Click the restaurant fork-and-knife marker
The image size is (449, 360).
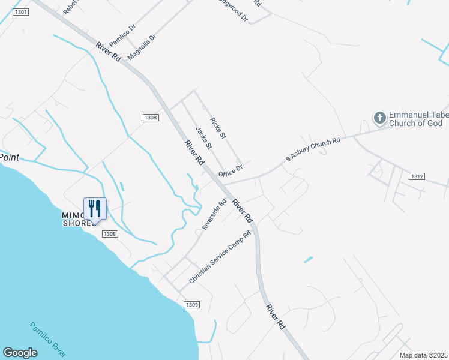point(95,208)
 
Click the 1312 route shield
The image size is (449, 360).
point(418,176)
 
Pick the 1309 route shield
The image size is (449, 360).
point(192,304)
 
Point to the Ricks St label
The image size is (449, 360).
point(218,128)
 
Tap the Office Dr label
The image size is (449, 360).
point(231,170)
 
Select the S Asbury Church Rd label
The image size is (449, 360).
point(313,149)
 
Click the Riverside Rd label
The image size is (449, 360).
point(214,215)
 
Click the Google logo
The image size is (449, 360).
point(20,353)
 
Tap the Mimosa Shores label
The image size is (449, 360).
point(79,219)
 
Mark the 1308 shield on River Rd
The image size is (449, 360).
point(151,118)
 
